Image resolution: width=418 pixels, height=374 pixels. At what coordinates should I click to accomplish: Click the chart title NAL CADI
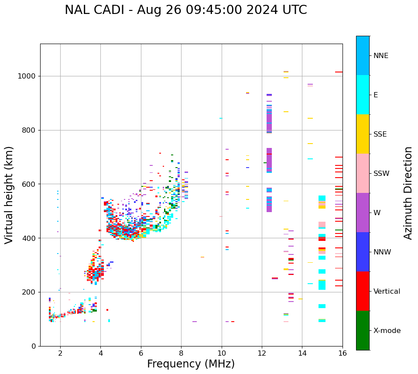[185, 10]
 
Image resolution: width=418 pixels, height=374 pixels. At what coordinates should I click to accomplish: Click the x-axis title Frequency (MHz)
[191, 364]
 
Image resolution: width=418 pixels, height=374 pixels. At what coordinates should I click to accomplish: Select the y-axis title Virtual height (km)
[9, 195]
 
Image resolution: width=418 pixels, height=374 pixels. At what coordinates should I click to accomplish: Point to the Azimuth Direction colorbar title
[408, 193]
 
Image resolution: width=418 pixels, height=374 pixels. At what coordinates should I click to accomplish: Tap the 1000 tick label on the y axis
[27, 76]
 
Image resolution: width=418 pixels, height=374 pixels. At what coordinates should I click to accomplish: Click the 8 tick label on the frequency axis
[181, 353]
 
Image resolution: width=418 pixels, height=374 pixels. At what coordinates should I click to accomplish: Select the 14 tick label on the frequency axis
[302, 353]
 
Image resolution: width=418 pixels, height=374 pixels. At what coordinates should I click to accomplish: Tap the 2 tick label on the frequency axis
[60, 353]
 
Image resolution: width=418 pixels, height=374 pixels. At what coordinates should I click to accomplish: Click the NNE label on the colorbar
[380, 56]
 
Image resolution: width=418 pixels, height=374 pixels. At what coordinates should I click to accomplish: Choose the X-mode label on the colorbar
[387, 331]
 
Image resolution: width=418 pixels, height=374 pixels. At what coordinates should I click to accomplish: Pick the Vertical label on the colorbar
[387, 292]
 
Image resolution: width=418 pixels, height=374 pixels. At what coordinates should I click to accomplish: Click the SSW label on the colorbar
[381, 174]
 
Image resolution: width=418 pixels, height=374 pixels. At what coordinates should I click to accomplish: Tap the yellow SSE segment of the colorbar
[363, 134]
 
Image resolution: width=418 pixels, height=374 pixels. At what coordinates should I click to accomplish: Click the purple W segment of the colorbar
[363, 213]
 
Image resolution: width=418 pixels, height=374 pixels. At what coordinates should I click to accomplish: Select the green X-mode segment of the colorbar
[363, 330]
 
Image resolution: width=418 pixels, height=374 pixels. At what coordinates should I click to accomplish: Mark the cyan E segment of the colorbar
[363, 95]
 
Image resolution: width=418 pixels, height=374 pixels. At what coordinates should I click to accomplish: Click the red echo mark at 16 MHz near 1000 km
[339, 72]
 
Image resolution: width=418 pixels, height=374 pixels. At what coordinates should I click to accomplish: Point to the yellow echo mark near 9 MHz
[202, 257]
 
